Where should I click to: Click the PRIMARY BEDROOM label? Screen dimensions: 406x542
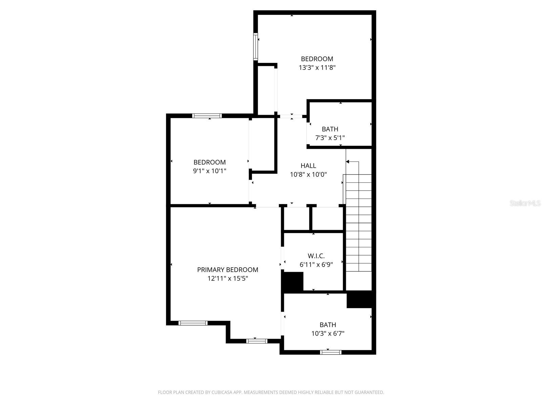(x=228, y=270)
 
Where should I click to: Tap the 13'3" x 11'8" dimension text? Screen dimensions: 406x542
(x=317, y=67)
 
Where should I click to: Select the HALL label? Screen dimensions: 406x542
(x=308, y=165)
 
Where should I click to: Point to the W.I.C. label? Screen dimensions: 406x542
(x=316, y=256)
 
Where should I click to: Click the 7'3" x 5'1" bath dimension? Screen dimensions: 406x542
(x=330, y=138)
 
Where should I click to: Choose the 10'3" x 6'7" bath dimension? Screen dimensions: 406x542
(x=328, y=334)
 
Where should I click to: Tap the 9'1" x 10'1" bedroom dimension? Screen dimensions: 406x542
(x=210, y=171)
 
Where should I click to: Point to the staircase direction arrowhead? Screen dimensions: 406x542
(x=348, y=162)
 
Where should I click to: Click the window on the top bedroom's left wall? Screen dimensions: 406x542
(x=256, y=47)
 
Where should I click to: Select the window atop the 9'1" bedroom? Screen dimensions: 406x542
(x=207, y=116)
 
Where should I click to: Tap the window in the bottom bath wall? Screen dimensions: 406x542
(x=331, y=352)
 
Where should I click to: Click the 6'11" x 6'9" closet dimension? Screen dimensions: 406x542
(x=316, y=265)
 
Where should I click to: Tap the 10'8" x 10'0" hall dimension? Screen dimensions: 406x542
(x=308, y=175)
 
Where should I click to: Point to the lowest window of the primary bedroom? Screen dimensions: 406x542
(x=257, y=341)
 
